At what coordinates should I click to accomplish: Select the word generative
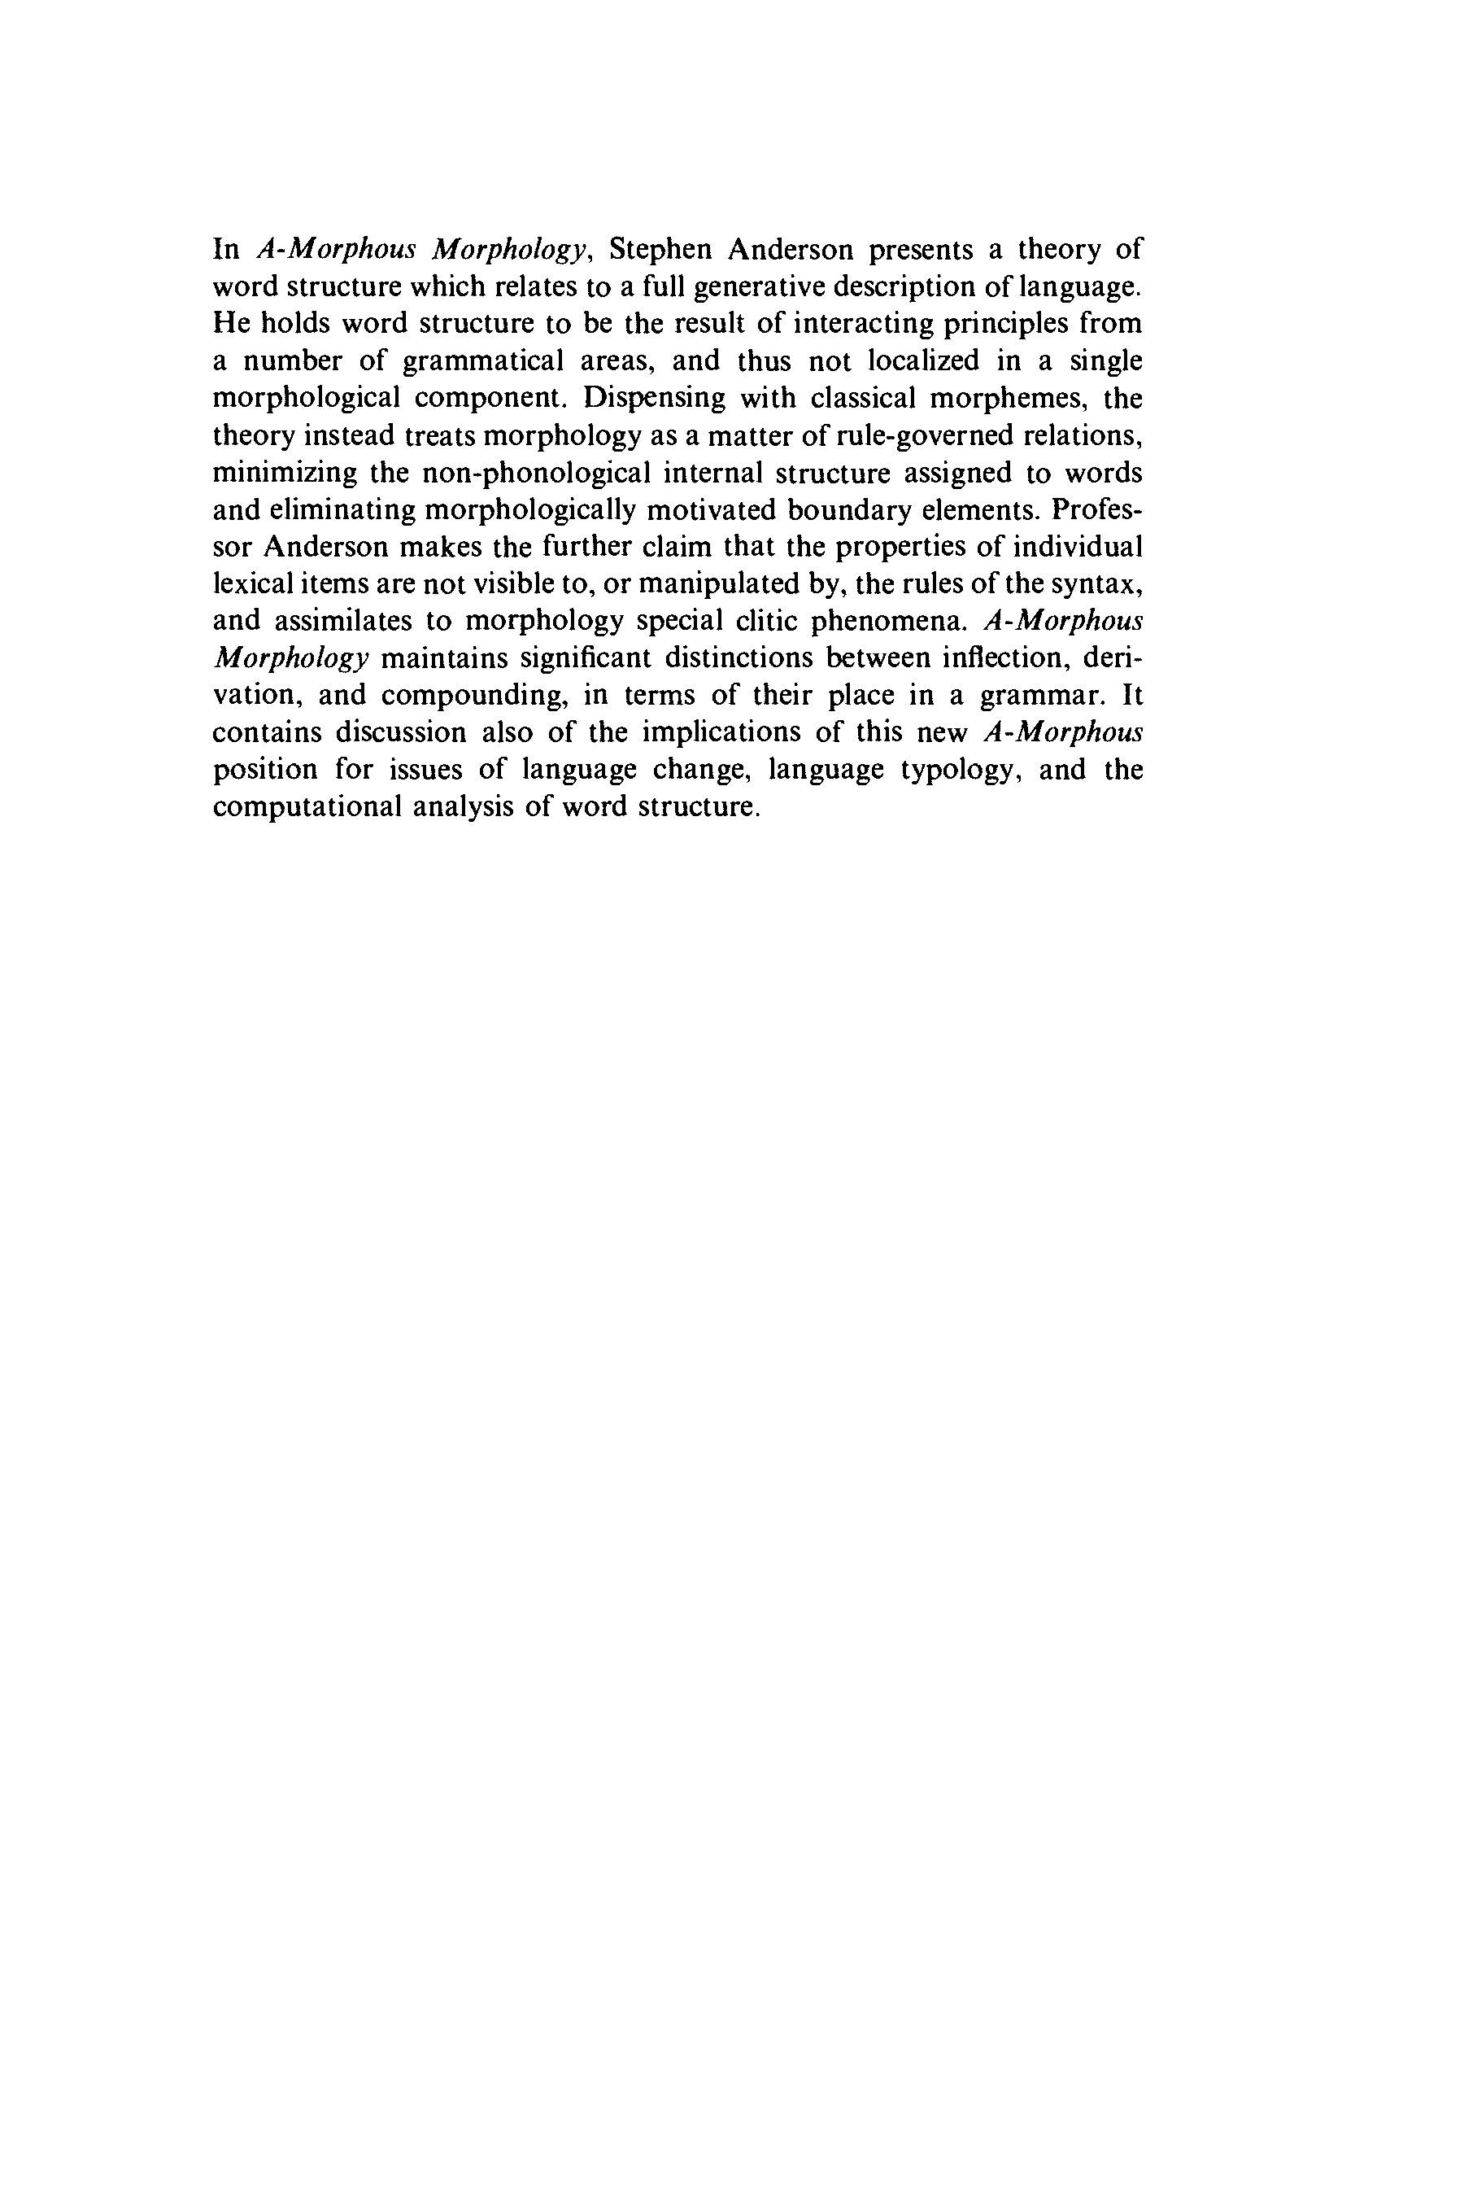(756, 286)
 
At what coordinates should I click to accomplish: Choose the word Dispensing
(655, 399)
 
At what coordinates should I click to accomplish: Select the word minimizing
(285, 474)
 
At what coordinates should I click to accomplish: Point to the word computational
(304, 807)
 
